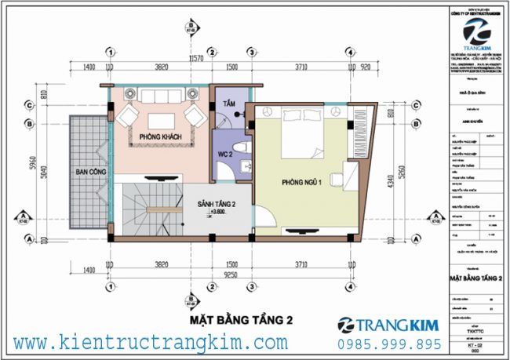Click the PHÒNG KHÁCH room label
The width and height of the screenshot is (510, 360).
pyautogui.click(x=156, y=136)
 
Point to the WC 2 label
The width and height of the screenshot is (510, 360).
pyautogui.click(x=228, y=153)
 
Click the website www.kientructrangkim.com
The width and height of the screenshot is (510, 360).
pyautogui.click(x=151, y=343)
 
